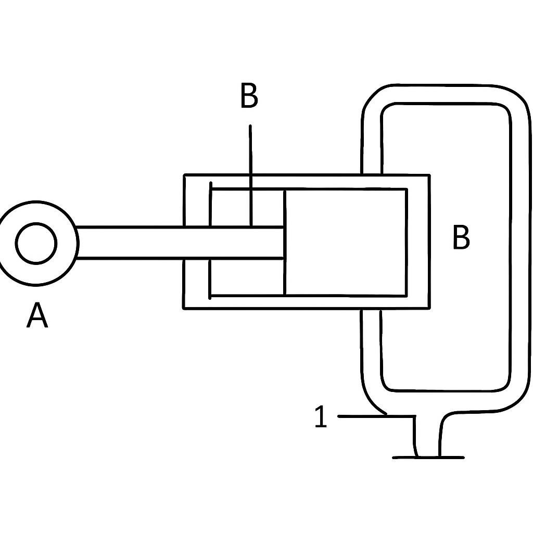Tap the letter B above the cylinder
coord(249,96)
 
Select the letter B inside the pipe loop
coord(461,237)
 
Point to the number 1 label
coord(321,416)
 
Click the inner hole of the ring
coord(36,243)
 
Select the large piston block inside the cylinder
coord(346,242)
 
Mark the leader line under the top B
coord(250,175)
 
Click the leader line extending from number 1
coord(377,416)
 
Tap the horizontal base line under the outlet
coord(428,458)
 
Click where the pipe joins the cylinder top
coord(372,174)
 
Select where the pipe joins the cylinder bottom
coord(371,309)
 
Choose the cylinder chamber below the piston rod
coord(247,277)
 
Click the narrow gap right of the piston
coord(418,242)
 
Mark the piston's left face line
coord(285,242)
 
